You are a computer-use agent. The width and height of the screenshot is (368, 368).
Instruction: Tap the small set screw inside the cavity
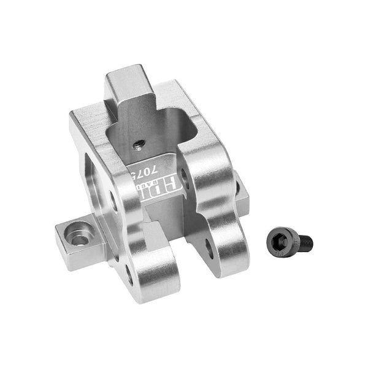[x=139, y=145]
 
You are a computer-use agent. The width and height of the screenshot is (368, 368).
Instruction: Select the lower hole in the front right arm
[x=210, y=246]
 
